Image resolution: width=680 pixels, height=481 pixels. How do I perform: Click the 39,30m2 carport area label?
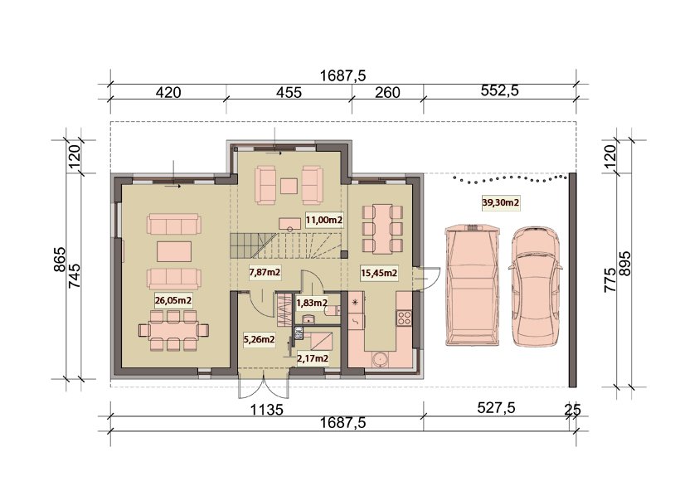[501, 202]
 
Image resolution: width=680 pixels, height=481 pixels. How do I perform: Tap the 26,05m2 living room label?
[173, 299]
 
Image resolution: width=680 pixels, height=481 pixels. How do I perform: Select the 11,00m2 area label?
[324, 220]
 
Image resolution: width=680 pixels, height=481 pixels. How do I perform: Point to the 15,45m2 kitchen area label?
[380, 273]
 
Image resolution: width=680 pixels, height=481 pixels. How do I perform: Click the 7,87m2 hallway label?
[265, 272]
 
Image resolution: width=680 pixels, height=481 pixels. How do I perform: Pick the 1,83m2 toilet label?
[311, 304]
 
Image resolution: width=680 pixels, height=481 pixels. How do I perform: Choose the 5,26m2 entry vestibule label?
[260, 340]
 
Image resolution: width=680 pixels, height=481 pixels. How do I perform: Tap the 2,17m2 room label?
[313, 359]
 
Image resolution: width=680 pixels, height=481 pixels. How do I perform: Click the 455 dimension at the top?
[289, 92]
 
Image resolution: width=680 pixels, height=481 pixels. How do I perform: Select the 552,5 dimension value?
[500, 90]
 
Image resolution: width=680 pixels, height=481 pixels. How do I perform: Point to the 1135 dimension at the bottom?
[267, 410]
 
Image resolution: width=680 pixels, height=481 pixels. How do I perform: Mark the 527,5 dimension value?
[496, 408]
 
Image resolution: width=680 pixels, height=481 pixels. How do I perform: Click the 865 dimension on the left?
[60, 260]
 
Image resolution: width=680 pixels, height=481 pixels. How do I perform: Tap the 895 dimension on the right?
[624, 263]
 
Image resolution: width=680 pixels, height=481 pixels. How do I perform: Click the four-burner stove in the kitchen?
[404, 318]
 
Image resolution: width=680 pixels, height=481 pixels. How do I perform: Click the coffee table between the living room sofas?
[174, 251]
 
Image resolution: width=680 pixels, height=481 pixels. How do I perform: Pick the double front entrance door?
[263, 384]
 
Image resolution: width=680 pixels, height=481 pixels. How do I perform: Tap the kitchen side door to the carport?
[426, 279]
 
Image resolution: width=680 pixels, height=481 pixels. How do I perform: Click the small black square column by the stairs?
[344, 254]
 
